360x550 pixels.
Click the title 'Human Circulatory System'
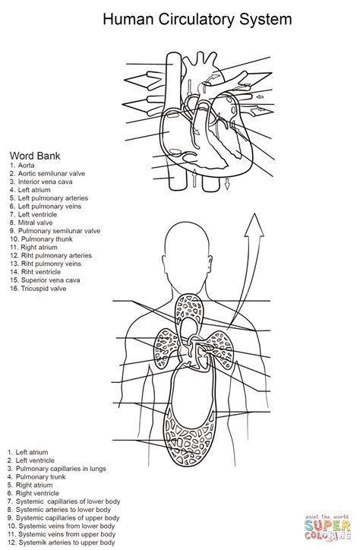pyautogui.click(x=197, y=19)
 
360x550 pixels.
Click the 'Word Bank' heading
pyautogui.click(x=35, y=156)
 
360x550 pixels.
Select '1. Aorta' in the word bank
pyautogui.click(x=22, y=165)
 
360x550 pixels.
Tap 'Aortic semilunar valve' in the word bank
pyautogui.click(x=52, y=174)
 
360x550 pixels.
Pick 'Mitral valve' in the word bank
pyautogui.click(x=36, y=223)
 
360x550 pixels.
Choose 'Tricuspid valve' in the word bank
pyautogui.click(x=43, y=289)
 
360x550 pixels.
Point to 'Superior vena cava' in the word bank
pyautogui.click(x=50, y=280)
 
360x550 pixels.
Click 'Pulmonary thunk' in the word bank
pyautogui.click(x=46, y=239)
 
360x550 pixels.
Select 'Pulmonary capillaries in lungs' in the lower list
pyautogui.click(x=61, y=469)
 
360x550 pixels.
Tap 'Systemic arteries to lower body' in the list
pyautogui.click(x=64, y=510)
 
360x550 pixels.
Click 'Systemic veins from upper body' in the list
pyautogui.click(x=67, y=534)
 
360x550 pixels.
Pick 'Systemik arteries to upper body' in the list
pyautogui.click(x=67, y=542)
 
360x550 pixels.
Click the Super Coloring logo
pyautogui.click(x=327, y=527)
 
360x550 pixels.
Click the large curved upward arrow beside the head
pyautogui.click(x=247, y=267)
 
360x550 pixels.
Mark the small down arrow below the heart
pyautogui.click(x=227, y=183)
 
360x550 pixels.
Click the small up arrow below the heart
pyautogui.click(x=194, y=179)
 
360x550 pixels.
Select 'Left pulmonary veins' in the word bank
pyautogui.click(x=49, y=207)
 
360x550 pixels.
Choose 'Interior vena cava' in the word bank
pyautogui.click(x=46, y=182)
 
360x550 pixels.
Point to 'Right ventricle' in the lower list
pyautogui.click(x=37, y=493)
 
